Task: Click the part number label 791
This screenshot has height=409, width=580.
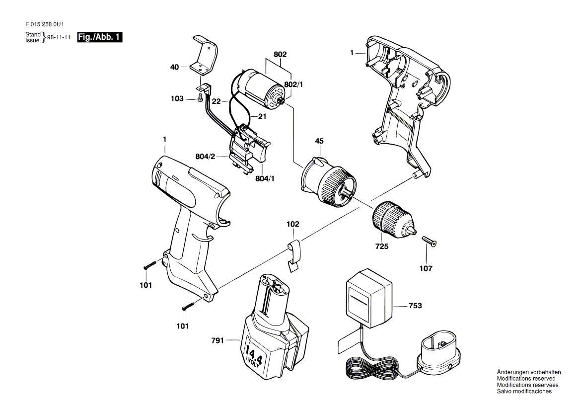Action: pos(217,340)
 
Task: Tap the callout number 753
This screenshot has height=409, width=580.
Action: pos(416,306)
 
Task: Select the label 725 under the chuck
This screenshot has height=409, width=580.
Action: pos(382,246)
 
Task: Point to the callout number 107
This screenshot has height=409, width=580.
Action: pos(426,268)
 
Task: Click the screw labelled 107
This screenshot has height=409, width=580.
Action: pos(429,241)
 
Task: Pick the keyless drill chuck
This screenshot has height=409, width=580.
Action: pos(394,220)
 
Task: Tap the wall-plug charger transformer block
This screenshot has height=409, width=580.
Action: pos(368,298)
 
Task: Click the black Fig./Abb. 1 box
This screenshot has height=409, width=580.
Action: pos(99,37)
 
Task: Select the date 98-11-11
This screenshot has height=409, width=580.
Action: pos(59,37)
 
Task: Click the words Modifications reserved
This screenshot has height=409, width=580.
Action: pos(526,379)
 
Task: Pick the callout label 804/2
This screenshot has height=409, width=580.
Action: pos(205,157)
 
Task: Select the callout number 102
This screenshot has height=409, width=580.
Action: pos(293,224)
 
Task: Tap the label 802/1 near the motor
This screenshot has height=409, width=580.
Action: pos(293,85)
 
